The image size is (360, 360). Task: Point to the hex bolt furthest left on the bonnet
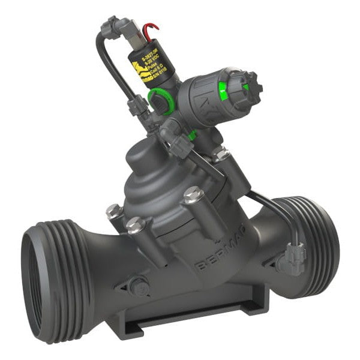113,211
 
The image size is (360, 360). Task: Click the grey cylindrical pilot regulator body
204,102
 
